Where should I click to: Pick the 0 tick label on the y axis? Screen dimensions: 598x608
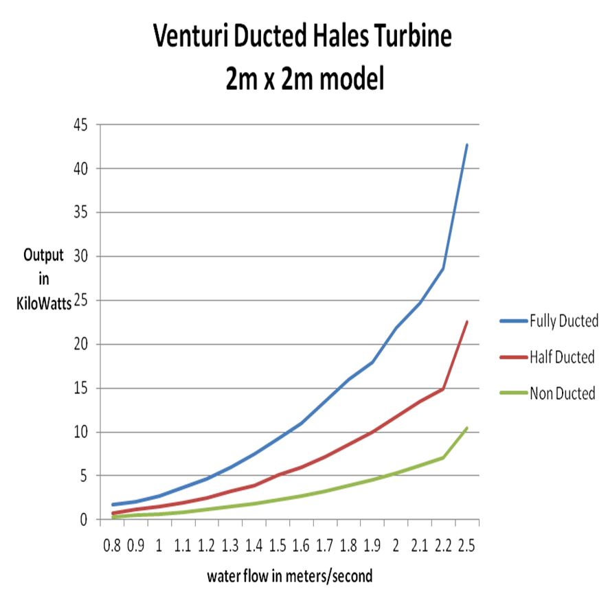click(x=86, y=520)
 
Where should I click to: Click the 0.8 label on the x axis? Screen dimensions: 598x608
click(x=111, y=546)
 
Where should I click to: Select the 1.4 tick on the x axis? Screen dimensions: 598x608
click(x=254, y=546)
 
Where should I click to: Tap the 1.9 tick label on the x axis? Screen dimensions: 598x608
click(x=372, y=546)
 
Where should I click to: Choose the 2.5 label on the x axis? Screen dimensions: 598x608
click(x=467, y=546)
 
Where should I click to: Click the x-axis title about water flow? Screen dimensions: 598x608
click(x=289, y=576)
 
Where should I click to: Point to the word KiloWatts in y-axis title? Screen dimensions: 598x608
click(x=44, y=306)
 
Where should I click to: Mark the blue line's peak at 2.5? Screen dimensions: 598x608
click(x=467, y=145)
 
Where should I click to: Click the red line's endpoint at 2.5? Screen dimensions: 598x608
click(x=467, y=321)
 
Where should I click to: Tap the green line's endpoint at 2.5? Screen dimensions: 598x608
click(x=467, y=428)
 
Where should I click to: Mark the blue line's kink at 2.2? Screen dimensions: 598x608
click(x=443, y=268)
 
